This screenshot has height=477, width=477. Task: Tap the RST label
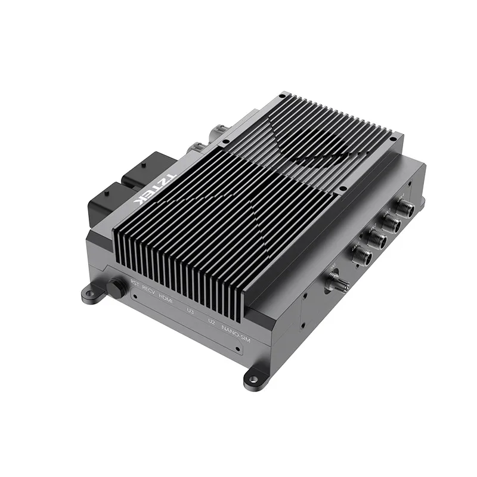pos(135,281)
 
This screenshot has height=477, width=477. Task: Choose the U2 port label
pos(211,322)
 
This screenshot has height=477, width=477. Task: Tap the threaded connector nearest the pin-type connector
pos(361,256)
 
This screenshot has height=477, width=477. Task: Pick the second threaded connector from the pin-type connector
pos(376,239)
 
